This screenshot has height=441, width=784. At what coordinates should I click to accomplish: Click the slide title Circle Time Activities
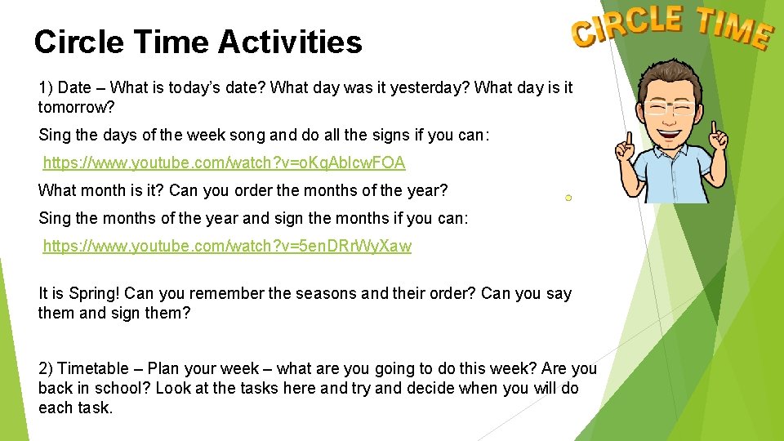pyautogui.click(x=198, y=42)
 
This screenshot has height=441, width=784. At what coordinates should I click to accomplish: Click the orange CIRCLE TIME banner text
pyautogui.click(x=671, y=26)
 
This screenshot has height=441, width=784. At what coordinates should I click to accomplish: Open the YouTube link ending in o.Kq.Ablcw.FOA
pyautogui.click(x=224, y=163)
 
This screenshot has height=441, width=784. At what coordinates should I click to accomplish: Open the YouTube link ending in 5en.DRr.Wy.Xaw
pyautogui.click(x=227, y=246)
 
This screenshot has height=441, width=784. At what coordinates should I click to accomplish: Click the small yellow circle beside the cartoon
pyautogui.click(x=568, y=198)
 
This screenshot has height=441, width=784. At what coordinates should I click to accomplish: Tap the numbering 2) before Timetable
pyautogui.click(x=46, y=369)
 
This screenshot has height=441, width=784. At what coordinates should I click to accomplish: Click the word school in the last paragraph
pyautogui.click(x=126, y=389)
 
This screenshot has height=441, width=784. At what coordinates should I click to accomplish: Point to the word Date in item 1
pyautogui.click(x=75, y=87)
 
